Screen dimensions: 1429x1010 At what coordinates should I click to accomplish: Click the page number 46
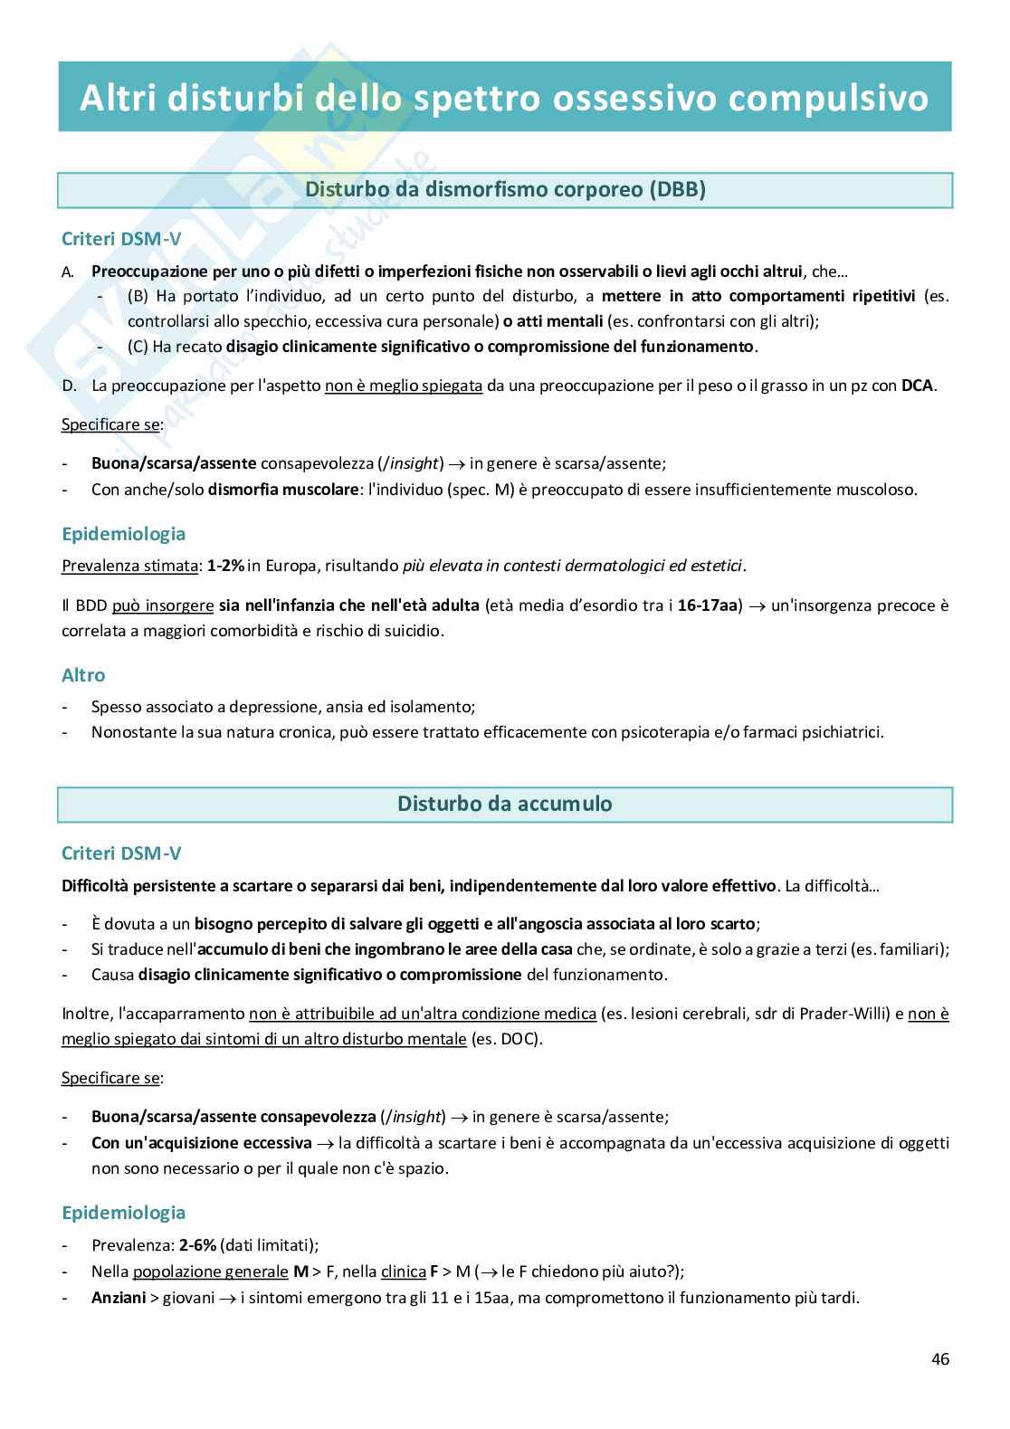point(939,1358)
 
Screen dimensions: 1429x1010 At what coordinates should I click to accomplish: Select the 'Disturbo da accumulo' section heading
point(504,804)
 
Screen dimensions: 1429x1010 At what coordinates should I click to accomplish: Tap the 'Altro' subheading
point(83,675)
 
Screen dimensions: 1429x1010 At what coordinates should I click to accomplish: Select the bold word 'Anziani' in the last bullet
point(119,1298)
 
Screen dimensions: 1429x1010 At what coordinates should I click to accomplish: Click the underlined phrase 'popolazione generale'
point(210,1272)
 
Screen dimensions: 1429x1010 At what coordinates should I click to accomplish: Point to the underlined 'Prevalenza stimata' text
point(129,567)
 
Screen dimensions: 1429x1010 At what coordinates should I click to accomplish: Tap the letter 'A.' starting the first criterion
point(69,272)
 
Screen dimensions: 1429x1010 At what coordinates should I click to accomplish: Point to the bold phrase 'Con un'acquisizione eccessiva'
point(201,1143)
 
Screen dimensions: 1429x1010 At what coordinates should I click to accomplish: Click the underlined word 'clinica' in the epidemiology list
point(404,1272)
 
